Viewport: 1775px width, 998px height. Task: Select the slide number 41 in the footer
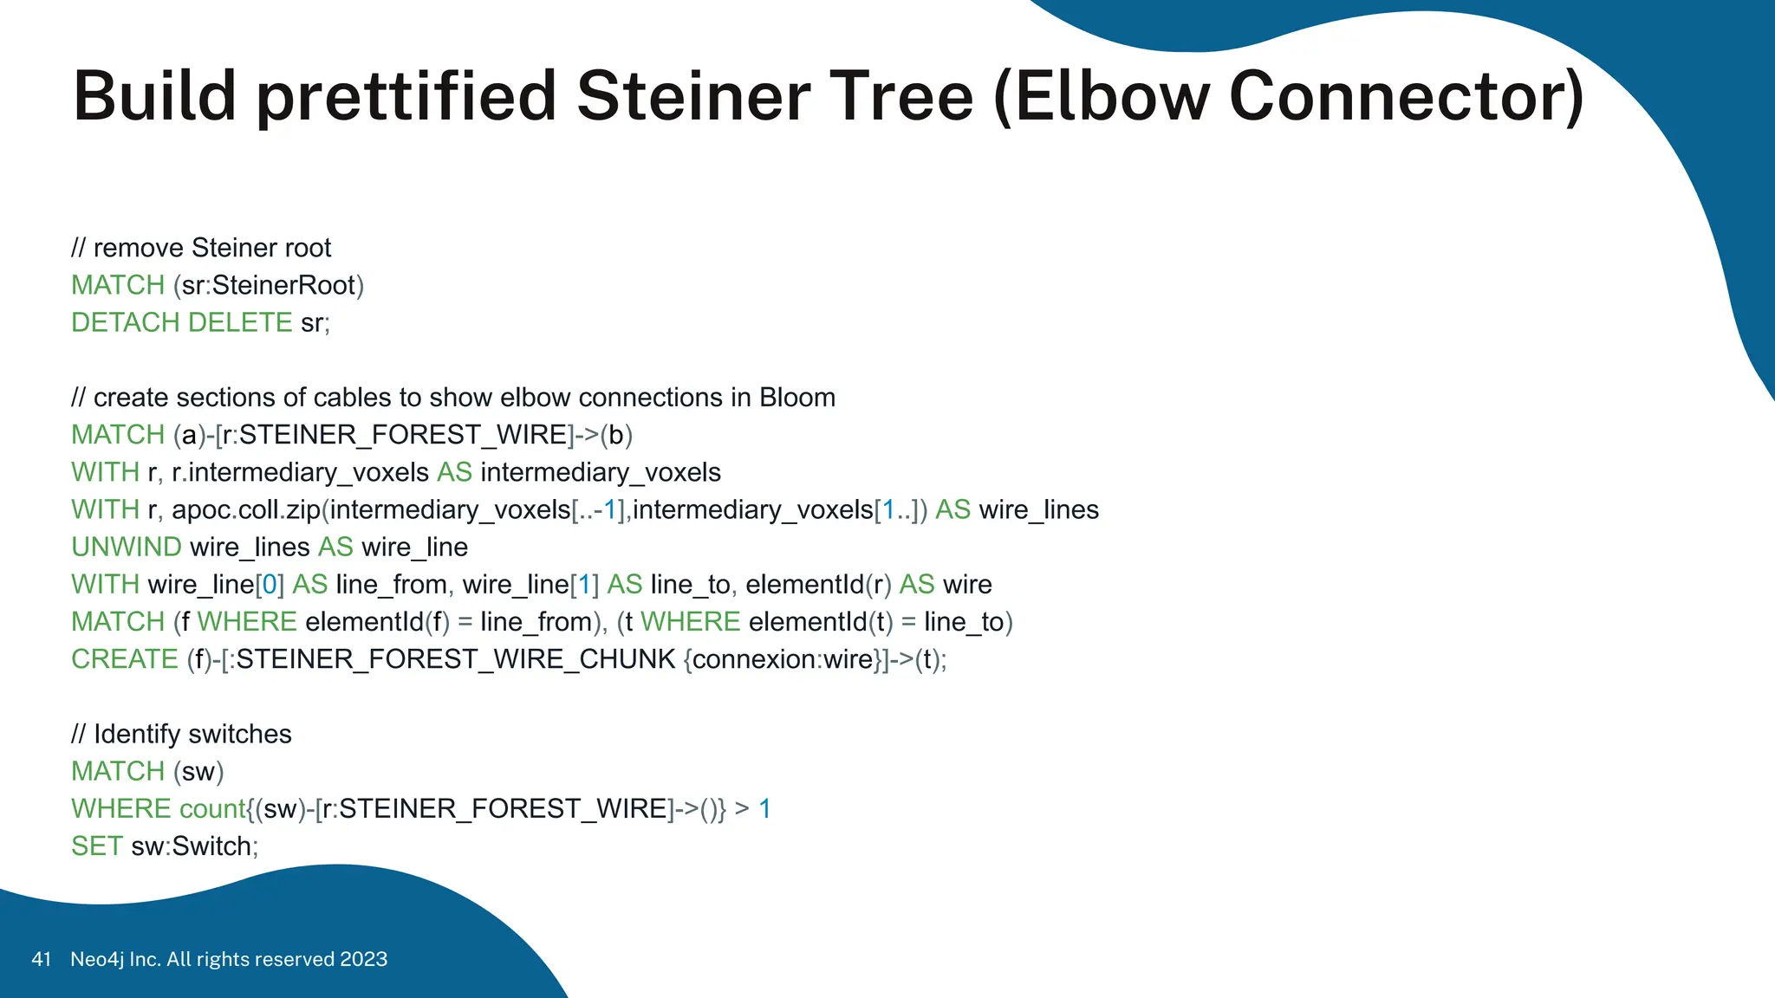click(x=41, y=959)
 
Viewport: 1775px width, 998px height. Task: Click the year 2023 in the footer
click(x=363, y=959)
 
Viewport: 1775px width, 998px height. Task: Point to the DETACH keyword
click(x=126, y=322)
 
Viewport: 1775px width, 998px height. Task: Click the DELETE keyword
click(x=240, y=322)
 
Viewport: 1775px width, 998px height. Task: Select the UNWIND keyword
click(x=126, y=547)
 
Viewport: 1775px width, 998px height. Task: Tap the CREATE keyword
click(x=125, y=659)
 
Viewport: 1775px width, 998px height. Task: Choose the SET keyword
click(x=96, y=846)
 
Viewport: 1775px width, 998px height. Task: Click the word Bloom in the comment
click(x=797, y=398)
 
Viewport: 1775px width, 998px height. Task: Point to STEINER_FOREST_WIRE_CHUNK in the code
click(x=455, y=659)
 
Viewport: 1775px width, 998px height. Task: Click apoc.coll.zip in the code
click(x=246, y=509)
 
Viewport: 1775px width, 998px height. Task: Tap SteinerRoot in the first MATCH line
click(x=283, y=285)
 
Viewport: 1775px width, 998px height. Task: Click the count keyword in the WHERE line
click(x=211, y=809)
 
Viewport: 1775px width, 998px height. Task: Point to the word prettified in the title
click(x=406, y=97)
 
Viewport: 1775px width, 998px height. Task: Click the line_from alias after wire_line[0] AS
click(x=390, y=585)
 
